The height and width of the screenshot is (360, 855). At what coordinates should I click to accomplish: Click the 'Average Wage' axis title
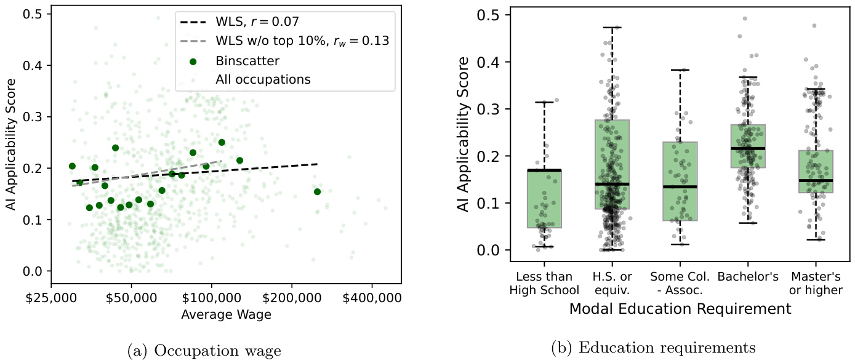226,314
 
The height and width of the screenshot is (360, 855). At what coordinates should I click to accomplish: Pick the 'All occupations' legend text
263,79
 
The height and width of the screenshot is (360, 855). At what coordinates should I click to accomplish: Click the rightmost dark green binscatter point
317,192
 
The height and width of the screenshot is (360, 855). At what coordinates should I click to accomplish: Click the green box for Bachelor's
748,146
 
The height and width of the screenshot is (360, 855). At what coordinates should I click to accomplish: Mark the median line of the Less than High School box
545,170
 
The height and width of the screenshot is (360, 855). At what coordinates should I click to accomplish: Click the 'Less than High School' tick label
545,283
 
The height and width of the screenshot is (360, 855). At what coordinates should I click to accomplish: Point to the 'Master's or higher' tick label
816,283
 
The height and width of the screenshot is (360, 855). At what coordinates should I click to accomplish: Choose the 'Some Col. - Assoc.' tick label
680,283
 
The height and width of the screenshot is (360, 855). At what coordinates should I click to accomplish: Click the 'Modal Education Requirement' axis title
680,308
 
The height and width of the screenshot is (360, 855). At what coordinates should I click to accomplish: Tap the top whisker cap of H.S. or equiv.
612,28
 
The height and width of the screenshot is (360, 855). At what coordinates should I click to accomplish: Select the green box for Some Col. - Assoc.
680,182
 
